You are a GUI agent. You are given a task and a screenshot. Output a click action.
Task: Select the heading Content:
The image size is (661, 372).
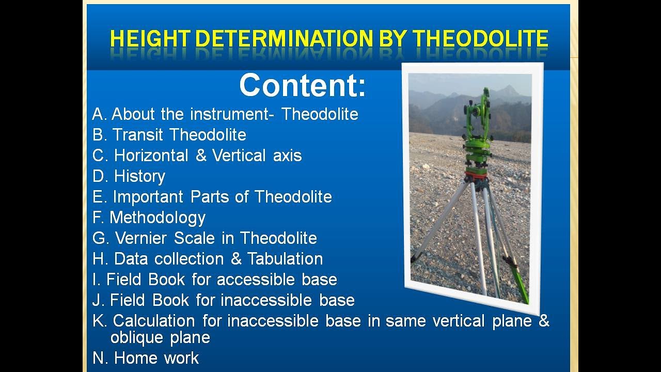point(302,85)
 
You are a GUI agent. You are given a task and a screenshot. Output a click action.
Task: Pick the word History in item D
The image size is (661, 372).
point(139,176)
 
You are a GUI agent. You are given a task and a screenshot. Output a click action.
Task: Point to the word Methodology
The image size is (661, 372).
point(158,218)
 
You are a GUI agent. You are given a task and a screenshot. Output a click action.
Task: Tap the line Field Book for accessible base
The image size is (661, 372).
point(214,280)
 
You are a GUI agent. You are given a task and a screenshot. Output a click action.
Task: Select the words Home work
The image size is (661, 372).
point(156,358)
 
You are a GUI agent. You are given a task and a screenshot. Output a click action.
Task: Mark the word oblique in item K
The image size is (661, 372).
point(135,338)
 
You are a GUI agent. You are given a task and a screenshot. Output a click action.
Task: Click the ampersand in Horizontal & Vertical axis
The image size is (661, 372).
point(201,156)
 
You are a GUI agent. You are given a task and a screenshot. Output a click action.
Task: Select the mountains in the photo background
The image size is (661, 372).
point(439,109)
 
